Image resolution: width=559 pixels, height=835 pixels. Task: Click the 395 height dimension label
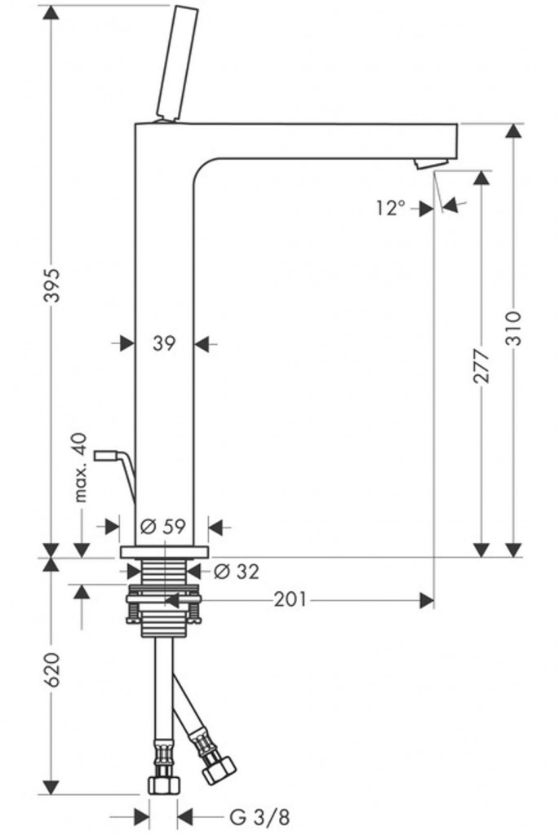pyautogui.click(x=51, y=286)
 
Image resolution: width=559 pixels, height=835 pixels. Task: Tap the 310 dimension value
pyautogui.click(x=512, y=328)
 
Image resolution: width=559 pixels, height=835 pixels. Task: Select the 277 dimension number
pyautogui.click(x=481, y=366)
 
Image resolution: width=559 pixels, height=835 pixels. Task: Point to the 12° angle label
pyautogui.click(x=391, y=208)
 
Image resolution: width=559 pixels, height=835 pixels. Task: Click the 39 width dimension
pyautogui.click(x=164, y=343)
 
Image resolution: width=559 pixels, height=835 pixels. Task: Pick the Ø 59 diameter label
pyautogui.click(x=163, y=527)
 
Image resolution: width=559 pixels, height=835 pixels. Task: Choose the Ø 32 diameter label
pyautogui.click(x=236, y=572)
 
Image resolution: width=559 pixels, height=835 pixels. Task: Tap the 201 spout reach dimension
pyautogui.click(x=291, y=599)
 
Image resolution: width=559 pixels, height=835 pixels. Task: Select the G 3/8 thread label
pyautogui.click(x=260, y=816)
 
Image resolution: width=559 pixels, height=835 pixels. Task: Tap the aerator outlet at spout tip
pyautogui.click(x=432, y=163)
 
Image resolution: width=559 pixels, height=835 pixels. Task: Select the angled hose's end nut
pyautogui.click(x=219, y=770)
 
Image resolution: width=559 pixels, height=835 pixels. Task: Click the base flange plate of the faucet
pyautogui.click(x=165, y=552)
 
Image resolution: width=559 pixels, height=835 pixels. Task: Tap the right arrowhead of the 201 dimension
pyautogui.click(x=427, y=600)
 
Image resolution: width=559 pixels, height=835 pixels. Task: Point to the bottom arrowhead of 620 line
pyautogui.click(x=51, y=787)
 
